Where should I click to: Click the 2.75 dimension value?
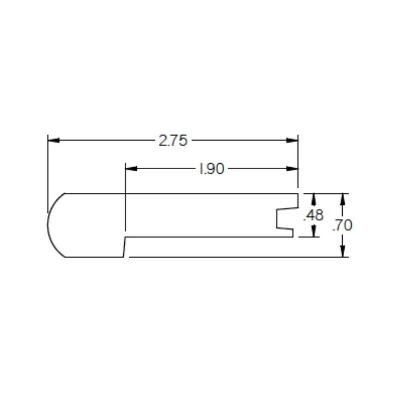(x=173, y=140)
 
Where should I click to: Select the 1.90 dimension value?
(x=211, y=169)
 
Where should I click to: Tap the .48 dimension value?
(x=314, y=216)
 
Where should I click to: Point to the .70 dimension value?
(x=342, y=225)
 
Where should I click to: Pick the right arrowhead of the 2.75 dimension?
(x=292, y=140)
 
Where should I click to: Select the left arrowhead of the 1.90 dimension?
(x=131, y=169)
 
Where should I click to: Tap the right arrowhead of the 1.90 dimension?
(x=292, y=169)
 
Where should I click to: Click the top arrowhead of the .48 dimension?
(x=314, y=199)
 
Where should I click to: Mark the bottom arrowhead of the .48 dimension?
(x=314, y=231)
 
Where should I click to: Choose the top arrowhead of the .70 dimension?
(x=343, y=199)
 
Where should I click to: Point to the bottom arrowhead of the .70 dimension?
(x=343, y=251)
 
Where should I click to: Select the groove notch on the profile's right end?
(x=280, y=219)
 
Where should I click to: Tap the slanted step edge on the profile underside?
(x=124, y=247)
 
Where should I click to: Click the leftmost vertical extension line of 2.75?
(x=48, y=171)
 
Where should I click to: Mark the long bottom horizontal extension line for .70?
(x=235, y=257)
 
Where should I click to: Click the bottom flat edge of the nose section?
(x=93, y=257)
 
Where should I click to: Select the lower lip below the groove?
(x=286, y=233)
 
